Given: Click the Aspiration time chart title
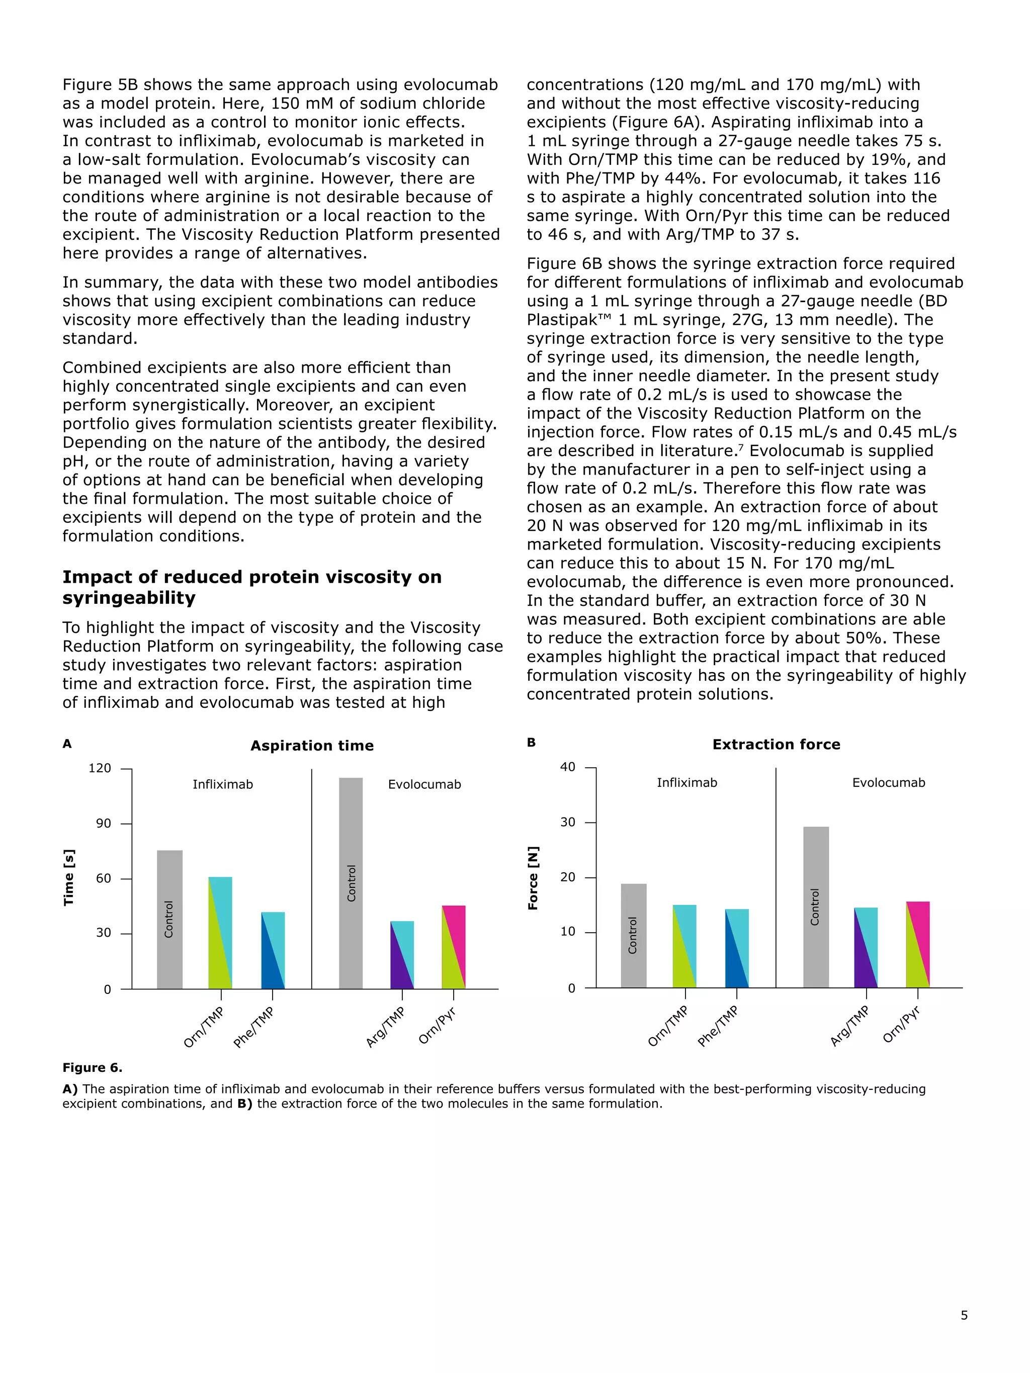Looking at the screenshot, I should pyautogui.click(x=312, y=746).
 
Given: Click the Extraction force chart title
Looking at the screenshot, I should pyautogui.click(x=776, y=744).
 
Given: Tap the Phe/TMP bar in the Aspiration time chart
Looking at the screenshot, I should pyautogui.click(x=273, y=950).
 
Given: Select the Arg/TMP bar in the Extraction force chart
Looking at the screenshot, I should pyautogui.click(x=866, y=947).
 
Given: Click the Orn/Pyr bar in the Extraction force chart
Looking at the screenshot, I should pyautogui.click(x=918, y=944).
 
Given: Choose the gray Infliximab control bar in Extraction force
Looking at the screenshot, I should pyautogui.click(x=633, y=935).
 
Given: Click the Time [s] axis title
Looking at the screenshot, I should pyautogui.click(x=69, y=877).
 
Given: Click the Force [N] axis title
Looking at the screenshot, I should pyautogui.click(x=533, y=878).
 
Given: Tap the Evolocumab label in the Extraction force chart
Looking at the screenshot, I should pyautogui.click(x=889, y=783).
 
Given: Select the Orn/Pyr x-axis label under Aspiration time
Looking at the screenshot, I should pyautogui.click(x=437, y=1026).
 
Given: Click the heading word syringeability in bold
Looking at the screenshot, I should pyautogui.click(x=129, y=598).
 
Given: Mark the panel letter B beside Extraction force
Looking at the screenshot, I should pyautogui.click(x=531, y=743).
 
